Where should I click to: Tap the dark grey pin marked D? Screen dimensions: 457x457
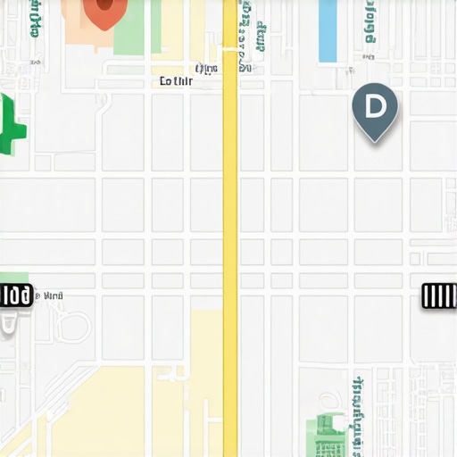tap(375, 110)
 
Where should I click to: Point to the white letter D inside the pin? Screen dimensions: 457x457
tap(375, 106)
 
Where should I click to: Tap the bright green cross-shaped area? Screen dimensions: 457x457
tap(12, 127)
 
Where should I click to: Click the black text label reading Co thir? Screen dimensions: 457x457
tap(176, 81)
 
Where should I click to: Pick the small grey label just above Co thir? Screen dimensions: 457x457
tap(206, 68)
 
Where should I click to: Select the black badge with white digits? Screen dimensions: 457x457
tap(15, 295)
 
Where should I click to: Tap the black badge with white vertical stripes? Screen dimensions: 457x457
tap(439, 296)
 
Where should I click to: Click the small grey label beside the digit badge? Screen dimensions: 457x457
tap(53, 295)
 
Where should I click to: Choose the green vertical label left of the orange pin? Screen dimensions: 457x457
tap(35, 18)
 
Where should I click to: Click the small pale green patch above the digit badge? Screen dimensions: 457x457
tap(13, 278)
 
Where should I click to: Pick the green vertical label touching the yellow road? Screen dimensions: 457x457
tap(245, 36)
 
